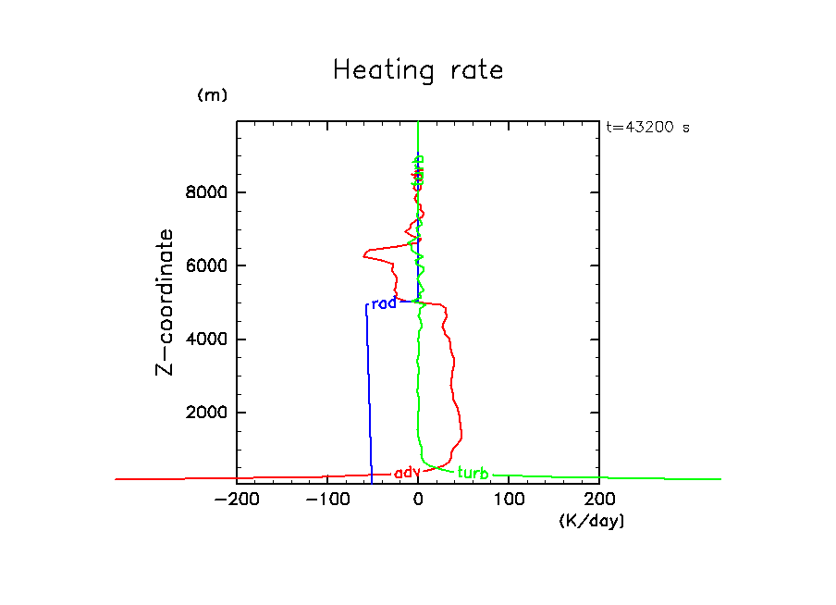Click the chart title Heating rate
[x=418, y=70]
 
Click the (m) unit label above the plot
[x=212, y=95]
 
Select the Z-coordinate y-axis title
[x=166, y=302]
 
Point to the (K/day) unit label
[x=592, y=521]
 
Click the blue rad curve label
[x=383, y=303]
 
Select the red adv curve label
[x=407, y=473]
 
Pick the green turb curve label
[x=473, y=474]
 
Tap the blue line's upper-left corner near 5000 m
[x=366, y=305]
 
